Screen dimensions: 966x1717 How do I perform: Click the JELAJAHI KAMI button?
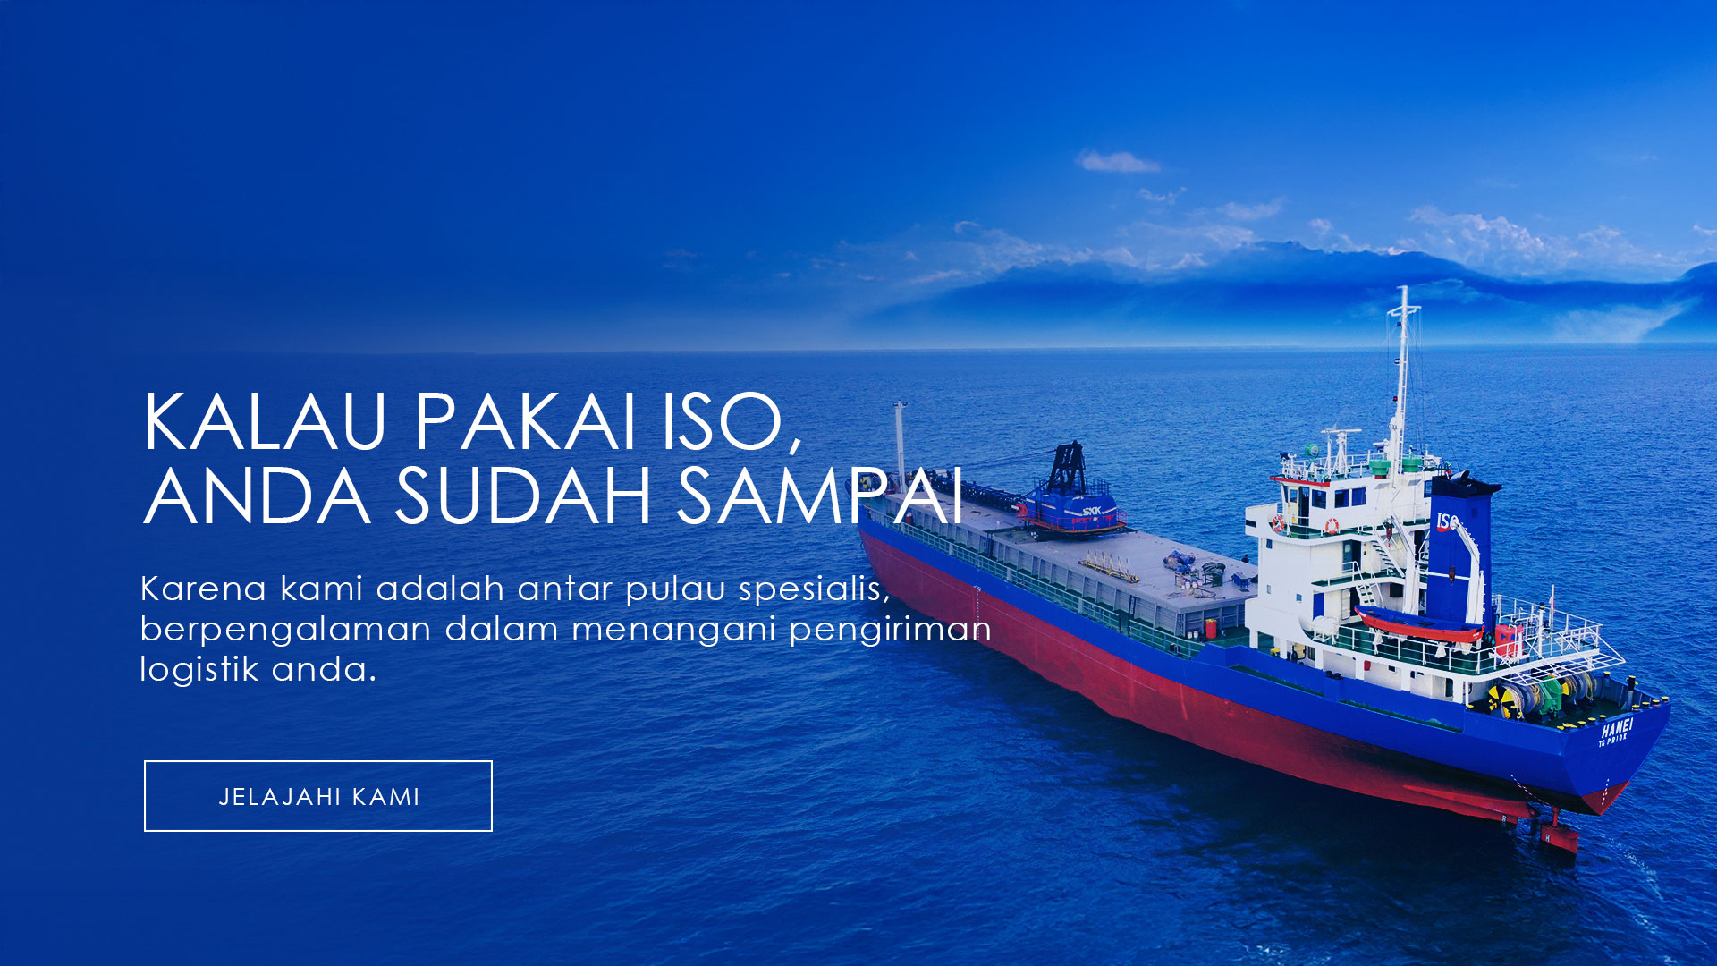[x=318, y=796]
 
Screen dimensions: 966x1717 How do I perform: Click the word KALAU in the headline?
[x=264, y=421]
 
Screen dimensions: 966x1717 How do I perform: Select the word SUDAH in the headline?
[x=523, y=496]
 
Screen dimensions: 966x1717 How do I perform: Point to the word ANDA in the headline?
[x=257, y=496]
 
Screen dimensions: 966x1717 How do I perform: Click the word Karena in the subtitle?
[x=204, y=589]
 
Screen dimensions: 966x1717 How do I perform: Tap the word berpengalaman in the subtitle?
[x=286, y=631]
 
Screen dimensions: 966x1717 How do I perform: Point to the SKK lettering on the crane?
[x=1092, y=511]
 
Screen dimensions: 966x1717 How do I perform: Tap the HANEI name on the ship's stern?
[x=1617, y=728]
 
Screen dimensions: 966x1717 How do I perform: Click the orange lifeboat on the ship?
[x=1417, y=623]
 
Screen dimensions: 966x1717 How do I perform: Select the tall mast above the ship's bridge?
[x=1402, y=376]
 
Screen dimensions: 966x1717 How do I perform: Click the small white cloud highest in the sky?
[x=1118, y=162]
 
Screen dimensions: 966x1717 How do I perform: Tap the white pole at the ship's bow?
[x=900, y=443]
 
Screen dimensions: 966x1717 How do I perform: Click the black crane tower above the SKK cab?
[x=1067, y=467]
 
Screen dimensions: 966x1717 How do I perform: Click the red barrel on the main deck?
[x=1212, y=628]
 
